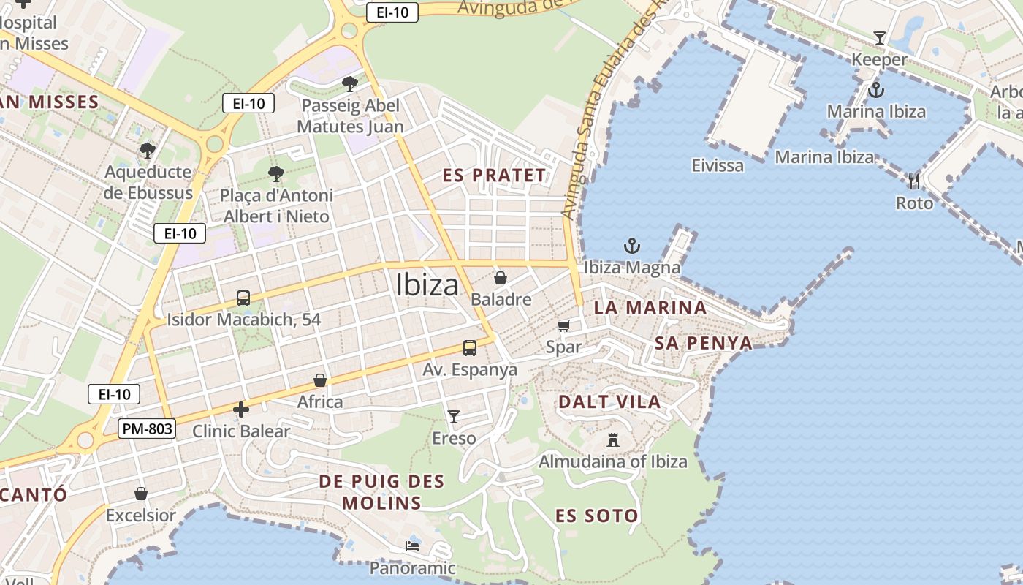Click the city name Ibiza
pyautogui.click(x=427, y=284)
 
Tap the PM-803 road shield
pyautogui.click(x=147, y=429)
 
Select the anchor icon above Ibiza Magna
pyautogui.click(x=632, y=246)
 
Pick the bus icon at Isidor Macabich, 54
pyautogui.click(x=243, y=298)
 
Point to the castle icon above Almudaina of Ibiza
pyautogui.click(x=613, y=439)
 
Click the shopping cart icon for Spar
pyautogui.click(x=563, y=325)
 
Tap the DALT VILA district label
pyautogui.click(x=609, y=401)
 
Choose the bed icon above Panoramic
pyautogui.click(x=412, y=546)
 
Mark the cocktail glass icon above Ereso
pyautogui.click(x=454, y=417)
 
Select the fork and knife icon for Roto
pyautogui.click(x=914, y=181)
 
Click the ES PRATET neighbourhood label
pyautogui.click(x=495, y=175)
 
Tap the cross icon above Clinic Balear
pyautogui.click(x=240, y=409)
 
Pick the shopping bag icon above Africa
pyautogui.click(x=320, y=380)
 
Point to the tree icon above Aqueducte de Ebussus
pyautogui.click(x=148, y=151)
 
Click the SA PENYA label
pyautogui.click(x=703, y=343)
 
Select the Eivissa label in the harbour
pyautogui.click(x=718, y=165)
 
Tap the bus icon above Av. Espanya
pyautogui.click(x=470, y=348)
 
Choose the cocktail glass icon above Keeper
pyautogui.click(x=879, y=38)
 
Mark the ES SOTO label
pyautogui.click(x=596, y=516)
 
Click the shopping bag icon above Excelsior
pyautogui.click(x=141, y=494)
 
